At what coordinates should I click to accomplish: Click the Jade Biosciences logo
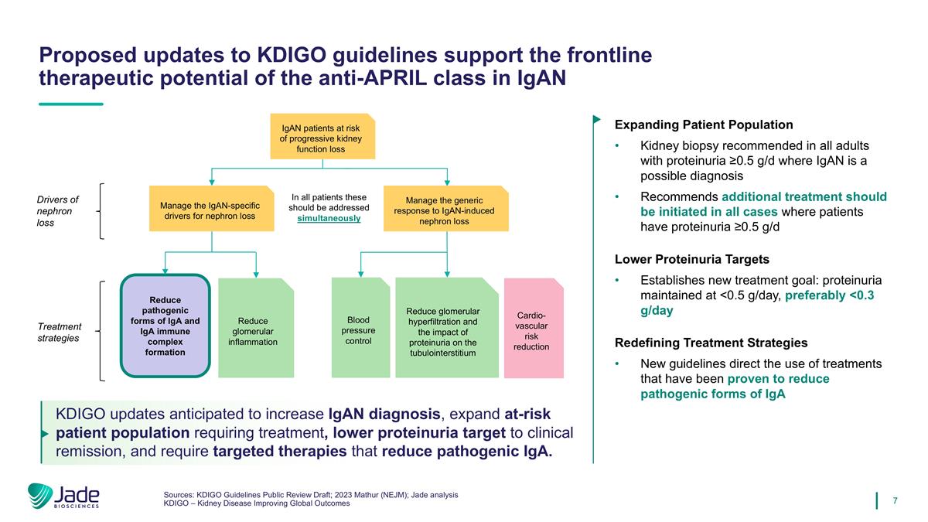(x=63, y=497)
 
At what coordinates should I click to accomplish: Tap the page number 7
(x=895, y=500)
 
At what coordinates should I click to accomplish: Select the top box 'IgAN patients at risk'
(x=322, y=137)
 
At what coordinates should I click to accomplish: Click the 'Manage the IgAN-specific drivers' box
(x=212, y=210)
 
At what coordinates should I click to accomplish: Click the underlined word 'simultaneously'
(x=329, y=219)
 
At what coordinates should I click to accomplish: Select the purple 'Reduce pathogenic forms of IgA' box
(x=165, y=326)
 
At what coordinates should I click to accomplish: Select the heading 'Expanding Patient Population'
(x=703, y=125)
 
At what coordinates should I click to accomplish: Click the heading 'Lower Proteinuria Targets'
(x=691, y=259)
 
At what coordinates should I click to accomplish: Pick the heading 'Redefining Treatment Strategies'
(x=711, y=343)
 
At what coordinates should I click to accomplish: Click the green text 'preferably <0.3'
(x=839, y=296)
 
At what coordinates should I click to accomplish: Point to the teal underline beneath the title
(x=70, y=104)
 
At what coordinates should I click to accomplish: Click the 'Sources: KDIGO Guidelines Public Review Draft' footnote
(x=311, y=494)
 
